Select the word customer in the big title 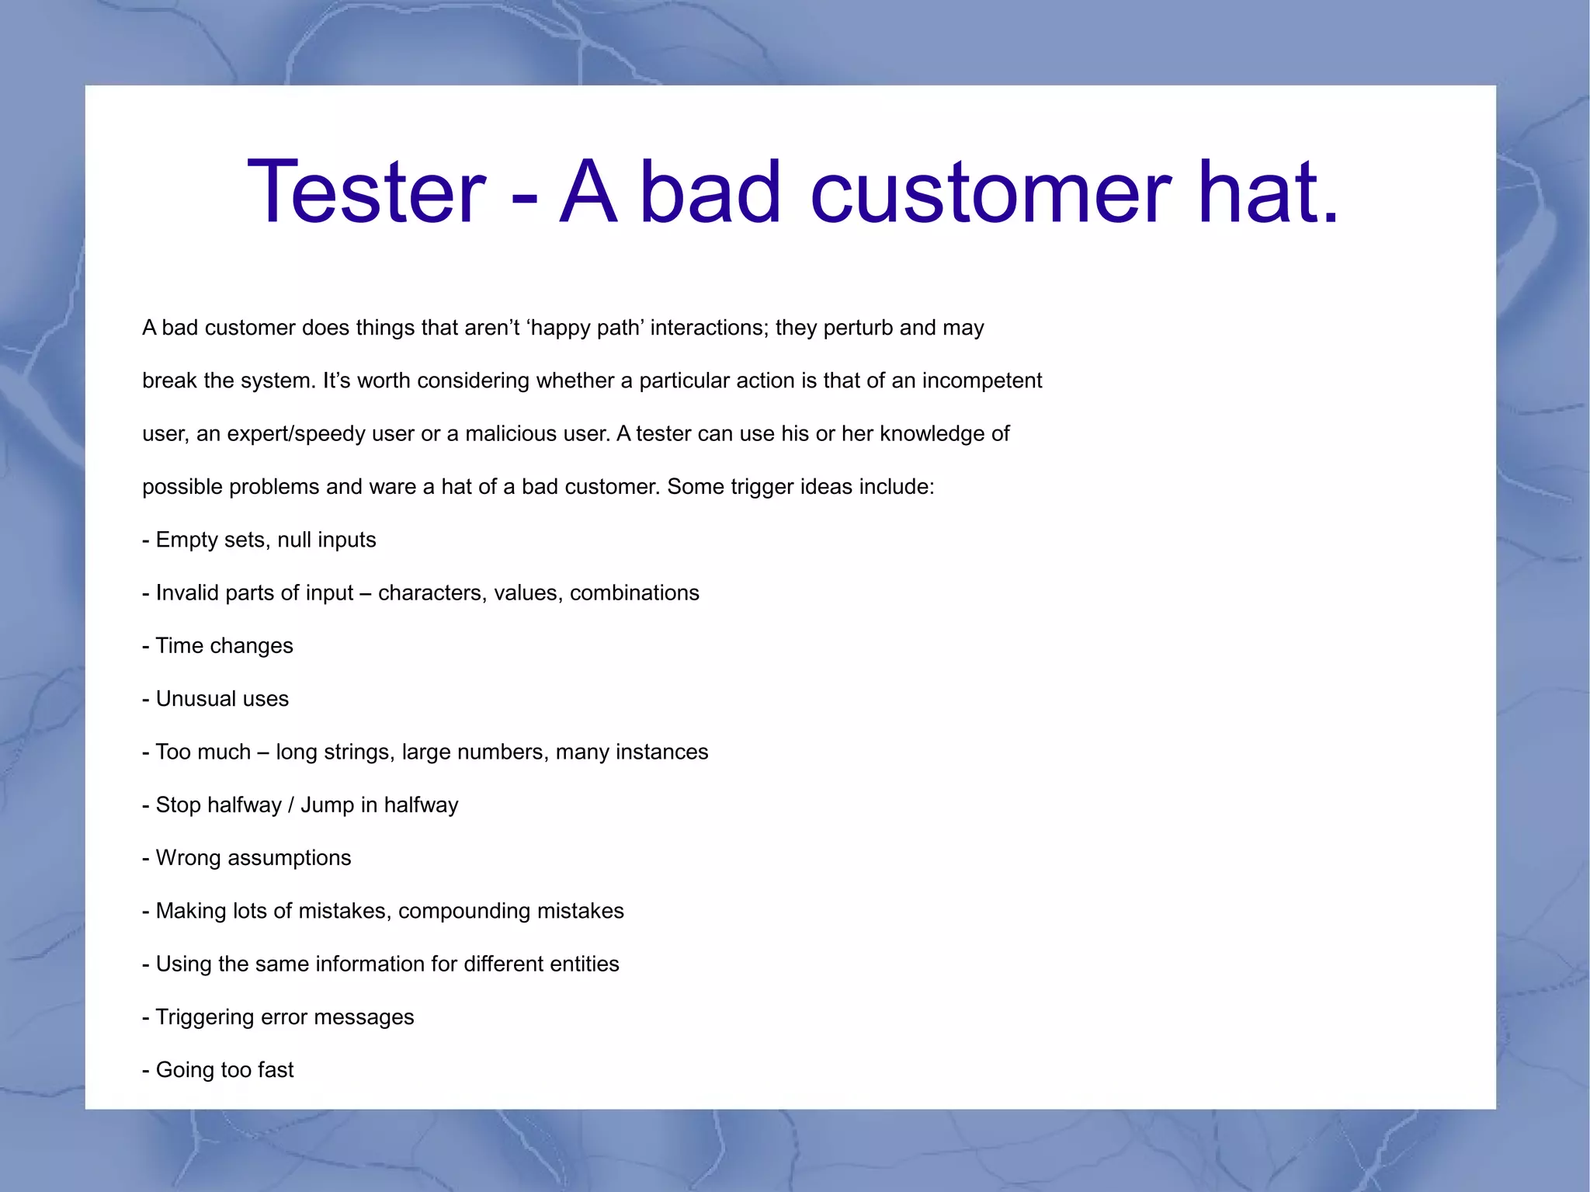(x=990, y=192)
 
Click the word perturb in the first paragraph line (x=858, y=328)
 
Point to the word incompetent (x=981, y=381)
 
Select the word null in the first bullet (x=294, y=540)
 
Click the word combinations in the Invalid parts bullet (x=634, y=593)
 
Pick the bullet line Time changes (x=218, y=645)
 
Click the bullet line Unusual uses (x=216, y=699)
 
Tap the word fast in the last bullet (x=276, y=1069)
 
